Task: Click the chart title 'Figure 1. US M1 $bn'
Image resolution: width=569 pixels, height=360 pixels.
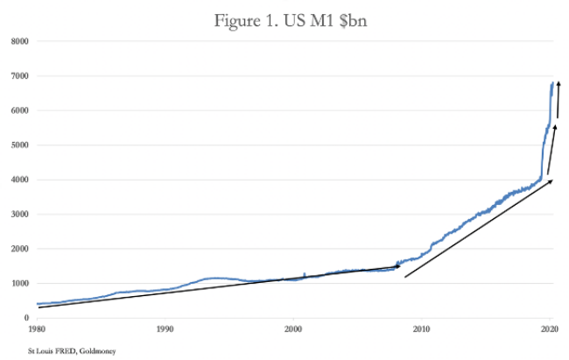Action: [291, 21]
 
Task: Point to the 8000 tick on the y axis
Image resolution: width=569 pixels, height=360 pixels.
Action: [19, 41]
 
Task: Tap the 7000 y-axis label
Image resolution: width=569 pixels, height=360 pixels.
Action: [19, 76]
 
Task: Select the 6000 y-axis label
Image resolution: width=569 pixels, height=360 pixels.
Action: [19, 110]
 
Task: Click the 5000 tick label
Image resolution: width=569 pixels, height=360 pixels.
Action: [19, 145]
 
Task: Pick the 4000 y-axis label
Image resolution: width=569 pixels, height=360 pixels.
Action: [19, 180]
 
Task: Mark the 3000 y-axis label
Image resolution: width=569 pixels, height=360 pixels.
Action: [19, 215]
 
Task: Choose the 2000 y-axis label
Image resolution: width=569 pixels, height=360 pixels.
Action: [19, 249]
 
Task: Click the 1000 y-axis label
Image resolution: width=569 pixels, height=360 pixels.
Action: [19, 283]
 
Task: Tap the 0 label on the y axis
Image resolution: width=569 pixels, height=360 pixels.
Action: [26, 318]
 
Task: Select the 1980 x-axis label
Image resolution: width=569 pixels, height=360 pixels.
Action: [37, 329]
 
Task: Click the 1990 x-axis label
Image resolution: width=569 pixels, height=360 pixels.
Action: [165, 329]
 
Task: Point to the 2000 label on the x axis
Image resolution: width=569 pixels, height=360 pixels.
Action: [293, 329]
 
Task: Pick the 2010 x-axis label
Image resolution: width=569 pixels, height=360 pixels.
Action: [421, 329]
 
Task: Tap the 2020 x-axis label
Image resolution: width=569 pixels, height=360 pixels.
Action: [550, 329]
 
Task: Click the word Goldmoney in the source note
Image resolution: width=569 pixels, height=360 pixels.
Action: [98, 351]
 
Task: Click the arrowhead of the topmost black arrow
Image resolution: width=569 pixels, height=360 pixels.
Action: [558, 84]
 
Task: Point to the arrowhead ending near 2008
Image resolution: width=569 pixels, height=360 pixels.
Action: [397, 266]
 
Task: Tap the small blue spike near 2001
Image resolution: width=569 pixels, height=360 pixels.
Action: [304, 274]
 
